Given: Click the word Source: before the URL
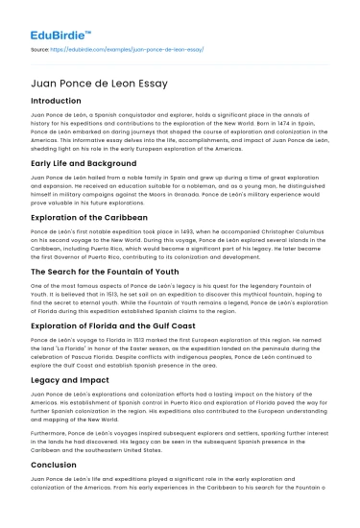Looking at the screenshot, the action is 41,46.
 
